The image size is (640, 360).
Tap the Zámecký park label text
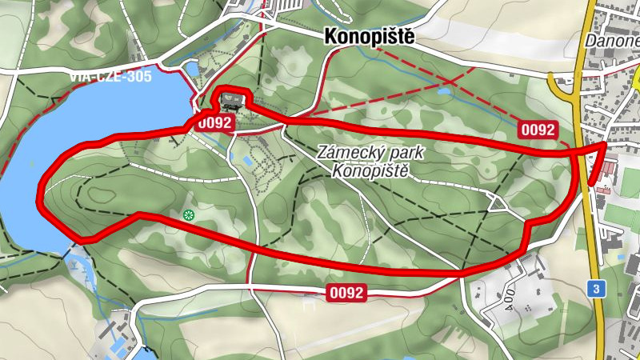[370, 152]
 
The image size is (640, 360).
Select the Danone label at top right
[611, 41]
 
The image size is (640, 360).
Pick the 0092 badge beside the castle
[214, 122]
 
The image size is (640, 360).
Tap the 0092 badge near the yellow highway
[537, 129]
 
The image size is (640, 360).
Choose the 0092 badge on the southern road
[346, 294]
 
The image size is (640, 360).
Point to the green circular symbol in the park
[189, 214]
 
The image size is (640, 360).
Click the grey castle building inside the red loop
[233, 101]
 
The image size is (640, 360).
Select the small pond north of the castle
[192, 69]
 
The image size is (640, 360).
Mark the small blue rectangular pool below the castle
[247, 162]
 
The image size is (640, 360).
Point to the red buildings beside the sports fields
[611, 166]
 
